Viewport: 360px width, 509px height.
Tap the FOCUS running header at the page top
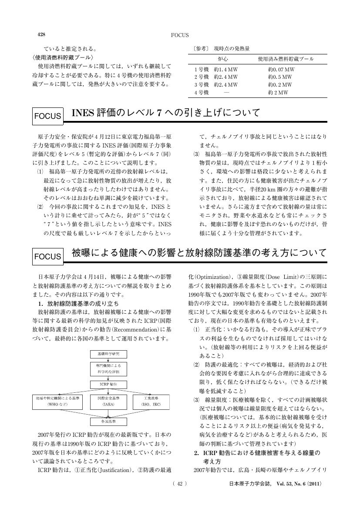[x=180, y=35]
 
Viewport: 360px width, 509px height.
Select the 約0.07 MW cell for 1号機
[x=281, y=69]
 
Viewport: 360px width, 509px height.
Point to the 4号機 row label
[x=202, y=93]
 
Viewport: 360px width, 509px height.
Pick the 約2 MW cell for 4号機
[x=278, y=93]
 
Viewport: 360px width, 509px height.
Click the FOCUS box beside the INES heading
[x=47, y=116]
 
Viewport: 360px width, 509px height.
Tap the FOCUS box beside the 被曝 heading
[x=47, y=257]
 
